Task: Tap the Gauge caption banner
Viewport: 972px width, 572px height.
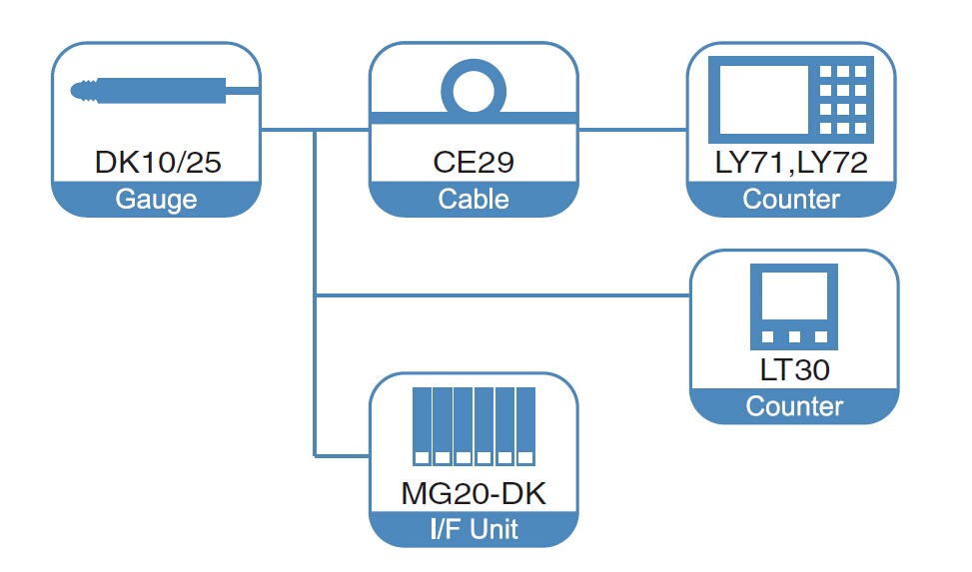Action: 156,199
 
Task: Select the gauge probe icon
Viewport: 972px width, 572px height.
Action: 165,92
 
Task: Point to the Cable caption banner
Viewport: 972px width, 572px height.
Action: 474,199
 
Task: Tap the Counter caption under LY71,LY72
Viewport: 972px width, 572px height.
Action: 791,199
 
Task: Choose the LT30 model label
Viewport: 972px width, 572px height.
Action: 794,370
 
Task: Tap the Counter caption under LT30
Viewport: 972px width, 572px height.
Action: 794,406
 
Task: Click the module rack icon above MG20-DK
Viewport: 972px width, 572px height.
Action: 474,425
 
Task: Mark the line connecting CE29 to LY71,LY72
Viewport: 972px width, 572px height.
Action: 632,129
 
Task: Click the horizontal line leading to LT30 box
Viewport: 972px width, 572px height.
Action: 499,295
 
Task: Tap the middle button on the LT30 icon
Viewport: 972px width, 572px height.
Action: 794,336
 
